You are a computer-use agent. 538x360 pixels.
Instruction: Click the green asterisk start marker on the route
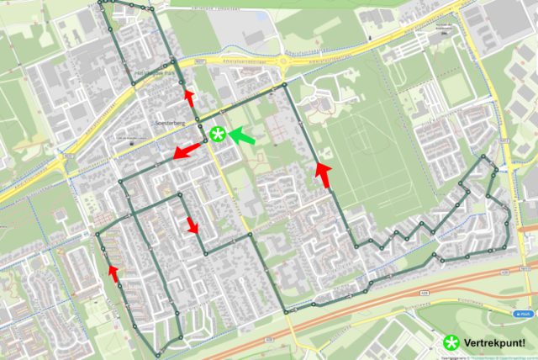pyautogui.click(x=218, y=134)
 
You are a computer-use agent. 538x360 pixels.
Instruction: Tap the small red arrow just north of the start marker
pyautogui.click(x=189, y=98)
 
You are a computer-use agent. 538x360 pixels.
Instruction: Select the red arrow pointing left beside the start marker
pyautogui.click(x=187, y=151)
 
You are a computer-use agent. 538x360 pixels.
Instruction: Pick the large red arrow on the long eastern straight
pyautogui.click(x=323, y=175)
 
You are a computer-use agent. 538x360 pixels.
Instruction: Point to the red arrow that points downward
pyautogui.click(x=193, y=225)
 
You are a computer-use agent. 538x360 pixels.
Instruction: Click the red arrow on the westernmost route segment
pyautogui.click(x=113, y=272)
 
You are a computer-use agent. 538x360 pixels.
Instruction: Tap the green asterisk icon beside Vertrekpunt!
pyautogui.click(x=452, y=343)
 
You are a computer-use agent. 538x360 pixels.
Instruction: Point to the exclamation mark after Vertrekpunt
pyautogui.click(x=524, y=343)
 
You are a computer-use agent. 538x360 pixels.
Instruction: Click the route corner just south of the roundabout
pyautogui.click(x=285, y=85)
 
